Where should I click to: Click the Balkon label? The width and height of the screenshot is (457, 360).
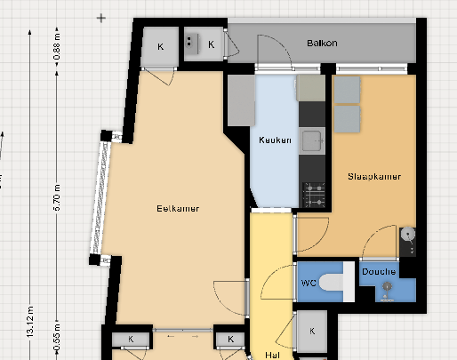pos(322,44)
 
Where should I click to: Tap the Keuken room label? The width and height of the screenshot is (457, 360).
pos(275,140)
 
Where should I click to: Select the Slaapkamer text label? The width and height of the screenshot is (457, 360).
pos(374,177)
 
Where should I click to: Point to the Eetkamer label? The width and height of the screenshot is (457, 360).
pos(178,209)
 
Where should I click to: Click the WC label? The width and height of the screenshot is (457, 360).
pos(309,283)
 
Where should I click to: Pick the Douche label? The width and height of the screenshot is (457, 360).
pos(379,271)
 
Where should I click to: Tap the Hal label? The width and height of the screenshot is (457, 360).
pos(272,355)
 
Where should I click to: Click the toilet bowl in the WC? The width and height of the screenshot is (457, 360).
pos(332,282)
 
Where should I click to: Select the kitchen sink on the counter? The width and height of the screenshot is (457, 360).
pos(312,140)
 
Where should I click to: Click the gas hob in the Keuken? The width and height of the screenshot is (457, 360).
pos(314,196)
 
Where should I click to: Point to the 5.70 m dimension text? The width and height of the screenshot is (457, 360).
pos(57,197)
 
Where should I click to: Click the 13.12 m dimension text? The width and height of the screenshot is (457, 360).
pos(30,322)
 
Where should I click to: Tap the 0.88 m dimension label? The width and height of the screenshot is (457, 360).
pos(57,46)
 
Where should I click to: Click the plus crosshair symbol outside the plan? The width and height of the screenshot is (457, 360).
pos(101,18)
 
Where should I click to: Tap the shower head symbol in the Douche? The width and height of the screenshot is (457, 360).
pos(387,287)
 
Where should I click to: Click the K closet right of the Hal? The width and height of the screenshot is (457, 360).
pos(312,332)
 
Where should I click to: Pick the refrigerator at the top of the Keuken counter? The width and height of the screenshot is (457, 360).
pos(310,88)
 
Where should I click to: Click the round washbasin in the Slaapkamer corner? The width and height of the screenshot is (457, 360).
pos(407,234)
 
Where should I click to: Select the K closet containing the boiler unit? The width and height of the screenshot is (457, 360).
pos(204,44)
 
